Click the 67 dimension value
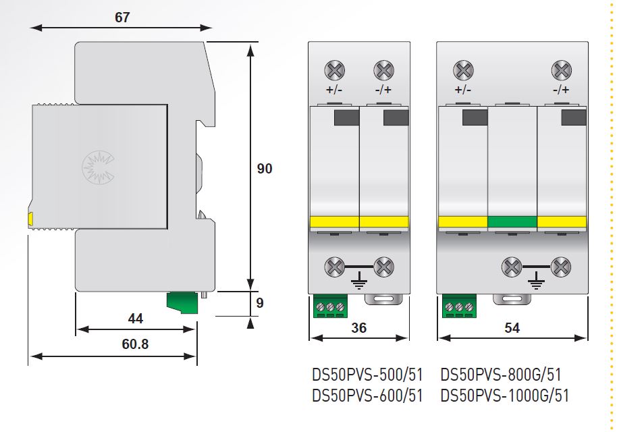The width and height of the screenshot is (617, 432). [x=122, y=18]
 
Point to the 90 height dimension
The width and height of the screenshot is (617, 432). [x=265, y=168]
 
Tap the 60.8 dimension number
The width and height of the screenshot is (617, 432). [x=135, y=344]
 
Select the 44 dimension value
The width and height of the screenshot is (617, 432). [x=136, y=319]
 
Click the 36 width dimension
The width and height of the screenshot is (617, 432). [x=358, y=328]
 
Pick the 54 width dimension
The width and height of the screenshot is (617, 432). [x=512, y=328]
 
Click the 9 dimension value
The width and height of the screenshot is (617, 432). [x=260, y=303]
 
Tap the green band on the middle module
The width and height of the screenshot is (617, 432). [x=512, y=222]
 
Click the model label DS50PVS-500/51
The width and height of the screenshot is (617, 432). [x=367, y=375]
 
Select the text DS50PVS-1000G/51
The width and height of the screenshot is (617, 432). [x=504, y=396]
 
